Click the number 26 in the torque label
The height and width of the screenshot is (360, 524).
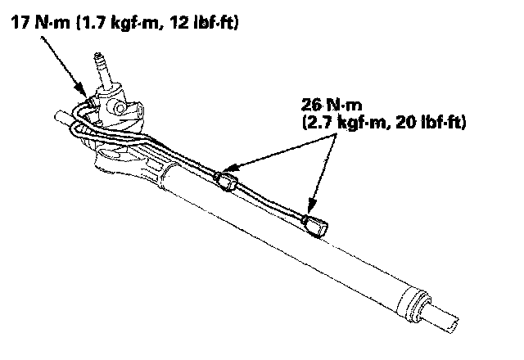tap(312, 106)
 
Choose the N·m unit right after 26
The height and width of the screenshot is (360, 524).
tap(344, 106)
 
